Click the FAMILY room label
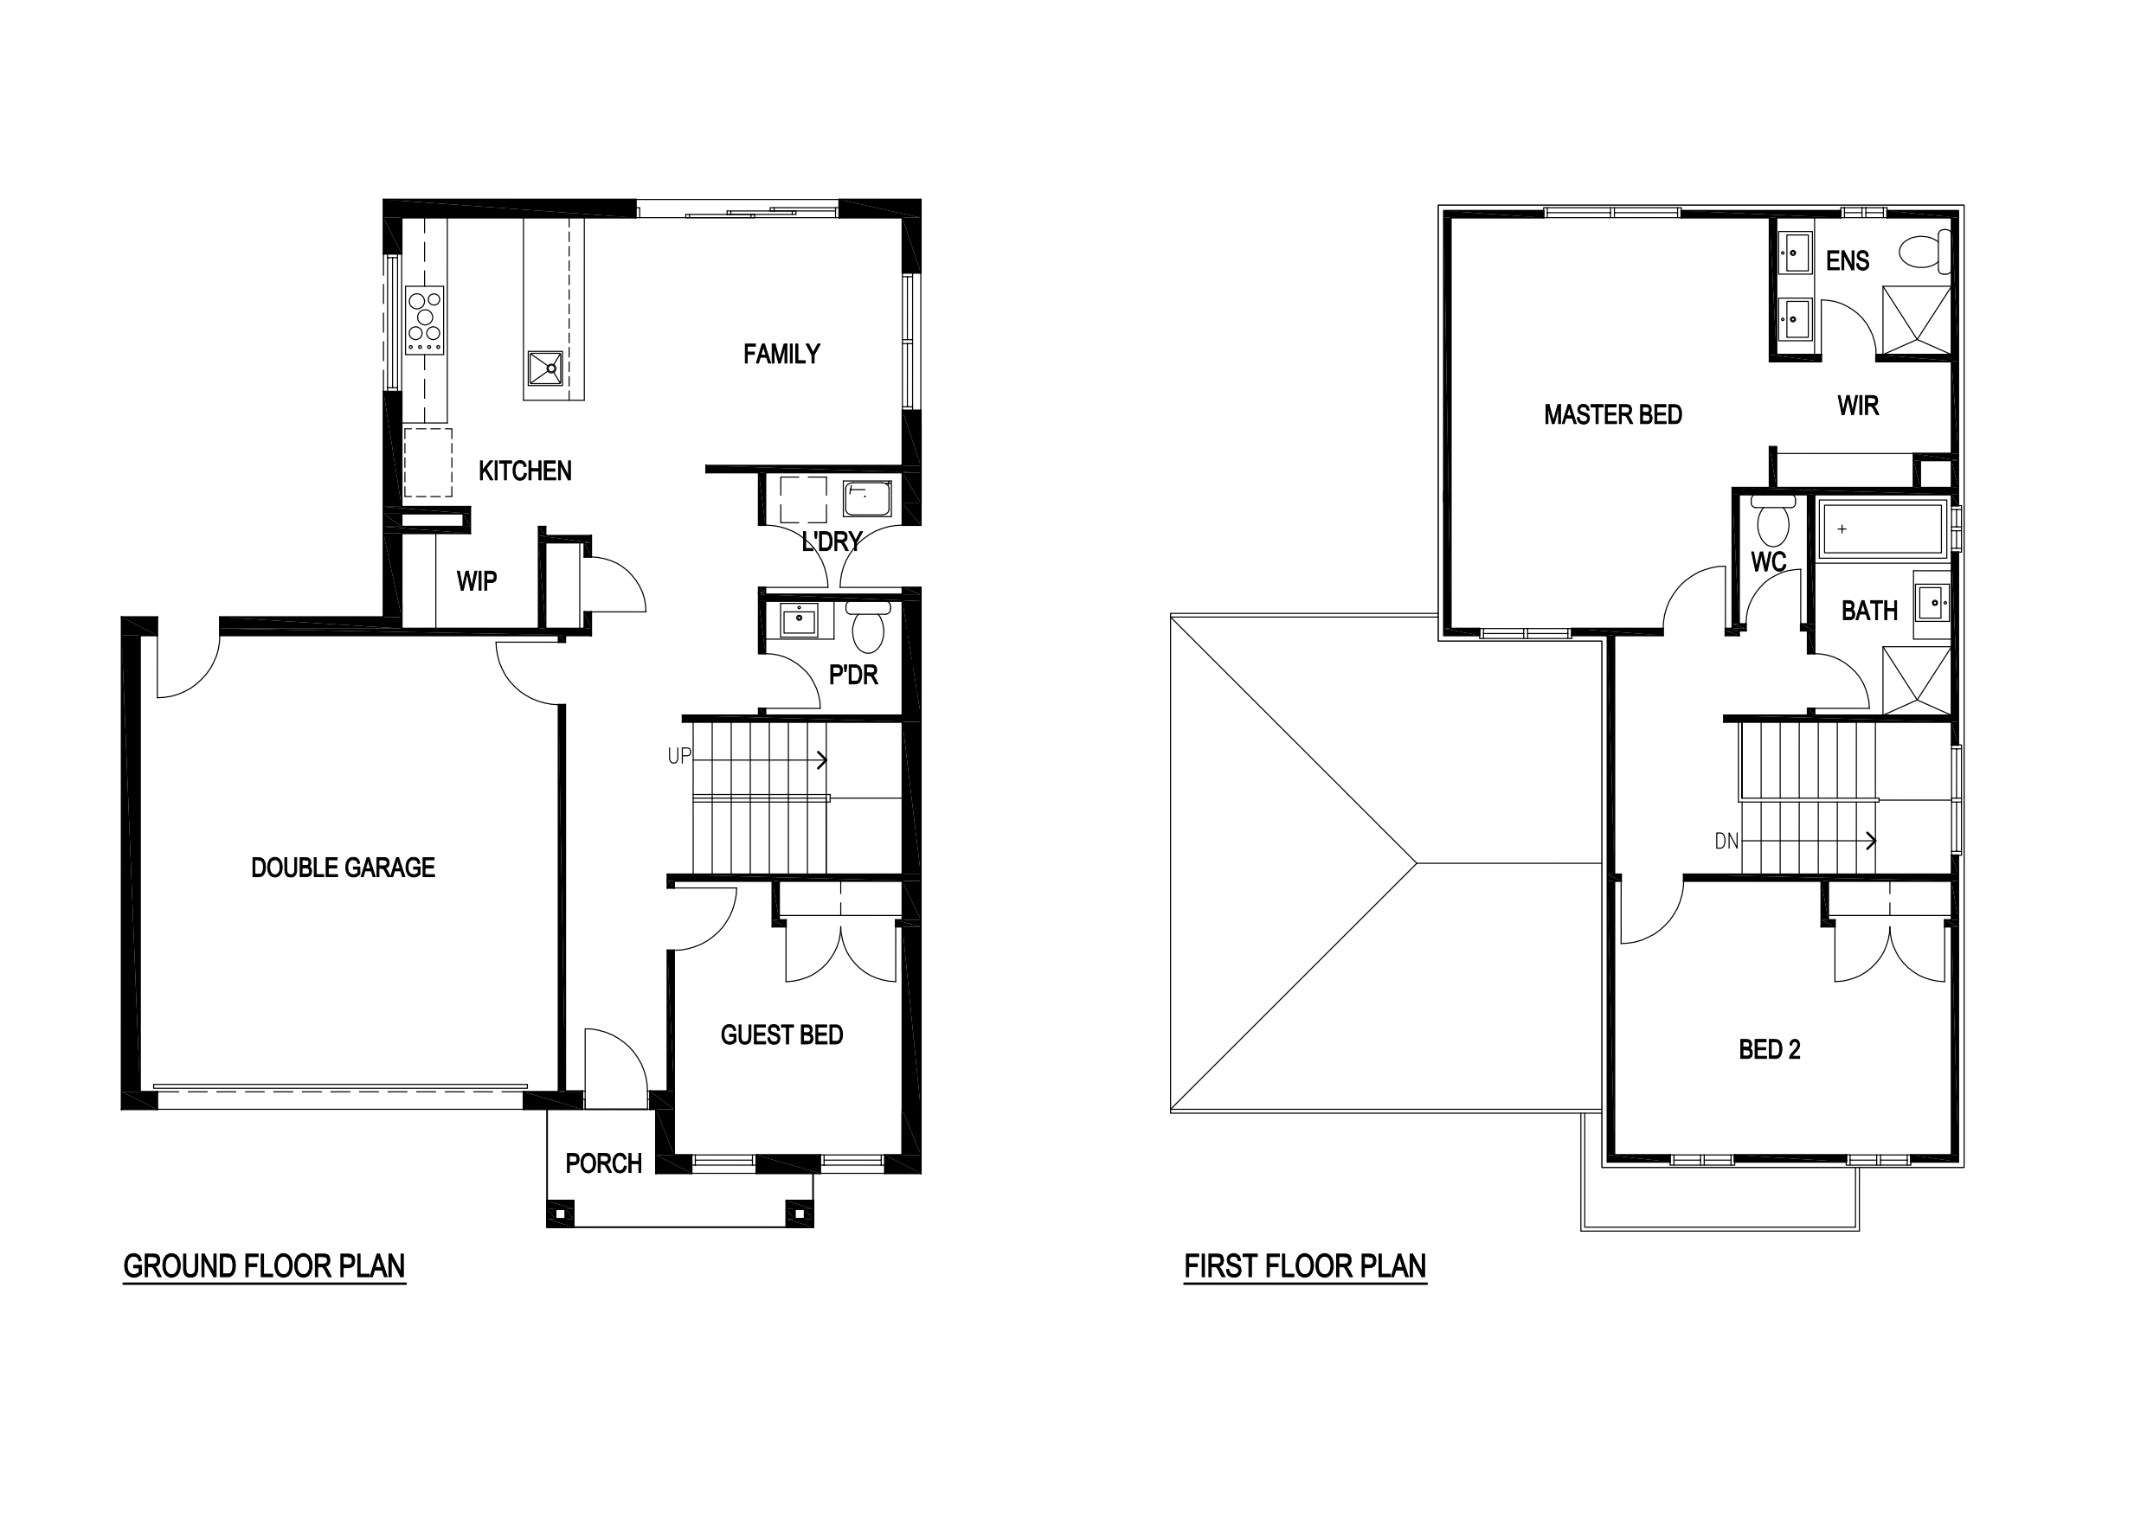coord(781,355)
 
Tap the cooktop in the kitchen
coord(425,320)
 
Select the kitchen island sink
coord(545,368)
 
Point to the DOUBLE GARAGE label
coord(344,868)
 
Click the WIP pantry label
coord(476,581)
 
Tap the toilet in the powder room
coord(869,625)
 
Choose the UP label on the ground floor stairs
coord(678,756)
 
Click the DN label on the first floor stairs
coord(1726,842)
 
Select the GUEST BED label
coord(781,1035)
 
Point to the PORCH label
coord(603,1163)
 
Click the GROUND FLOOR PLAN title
coord(265,1266)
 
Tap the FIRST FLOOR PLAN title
coord(1305,1266)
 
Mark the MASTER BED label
coord(1613,415)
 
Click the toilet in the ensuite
coord(1924,251)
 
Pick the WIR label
coord(1858,406)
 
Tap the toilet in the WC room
coord(1773,522)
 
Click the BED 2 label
coord(1769,1050)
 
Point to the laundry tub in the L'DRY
coord(867,499)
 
